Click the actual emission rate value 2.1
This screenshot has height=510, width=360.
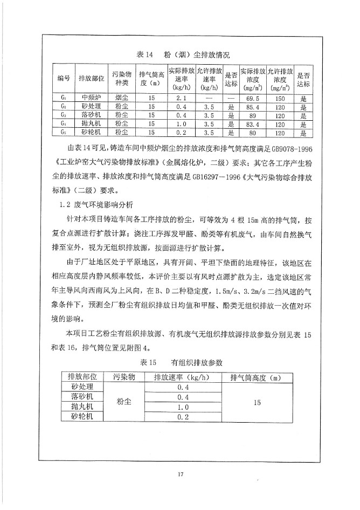[181, 98]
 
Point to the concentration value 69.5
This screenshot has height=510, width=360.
[252, 98]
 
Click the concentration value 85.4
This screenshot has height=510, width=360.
[252, 107]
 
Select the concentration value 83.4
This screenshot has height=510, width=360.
[252, 124]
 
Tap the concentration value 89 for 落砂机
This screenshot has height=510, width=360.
[252, 115]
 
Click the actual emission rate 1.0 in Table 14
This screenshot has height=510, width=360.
[181, 124]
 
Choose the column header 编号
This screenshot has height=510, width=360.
[64, 79]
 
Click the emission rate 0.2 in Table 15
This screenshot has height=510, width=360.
[182, 417]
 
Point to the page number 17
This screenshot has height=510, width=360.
[180, 474]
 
